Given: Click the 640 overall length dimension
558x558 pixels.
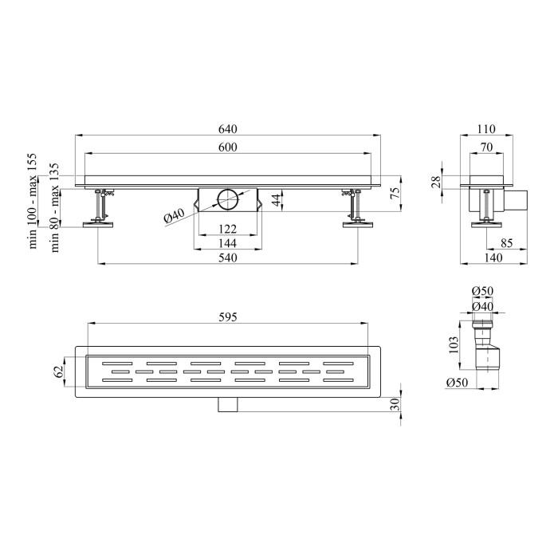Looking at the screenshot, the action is click(x=228, y=129).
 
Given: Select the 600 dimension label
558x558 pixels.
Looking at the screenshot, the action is click(x=228, y=147).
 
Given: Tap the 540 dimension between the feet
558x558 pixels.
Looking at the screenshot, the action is click(x=228, y=257).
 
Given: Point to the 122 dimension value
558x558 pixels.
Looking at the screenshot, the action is click(x=228, y=229).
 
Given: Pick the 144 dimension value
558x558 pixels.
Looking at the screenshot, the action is click(x=228, y=243).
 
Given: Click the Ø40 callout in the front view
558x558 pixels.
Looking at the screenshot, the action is click(x=174, y=216).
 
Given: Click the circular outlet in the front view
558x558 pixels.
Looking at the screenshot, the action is click(x=229, y=200).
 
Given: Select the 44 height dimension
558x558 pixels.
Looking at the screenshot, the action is click(x=276, y=200).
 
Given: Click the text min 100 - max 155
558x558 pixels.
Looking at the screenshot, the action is click(x=33, y=201).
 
